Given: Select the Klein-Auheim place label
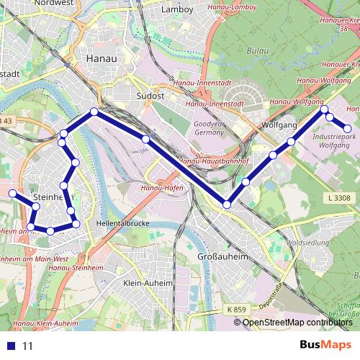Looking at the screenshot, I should click(148, 283).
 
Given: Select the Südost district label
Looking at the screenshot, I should click(150, 94).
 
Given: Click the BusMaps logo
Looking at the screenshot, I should click(325, 346).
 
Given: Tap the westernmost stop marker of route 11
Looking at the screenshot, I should click(12, 193).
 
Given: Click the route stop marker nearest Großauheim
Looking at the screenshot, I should click(228, 204).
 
